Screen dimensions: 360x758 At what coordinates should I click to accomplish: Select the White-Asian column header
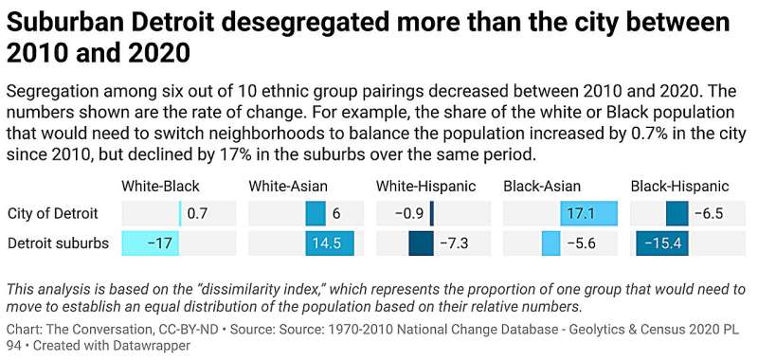pos(287,186)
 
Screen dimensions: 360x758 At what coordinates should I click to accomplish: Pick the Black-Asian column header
pos(542,186)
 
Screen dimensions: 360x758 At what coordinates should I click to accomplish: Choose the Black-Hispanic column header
pos(680,186)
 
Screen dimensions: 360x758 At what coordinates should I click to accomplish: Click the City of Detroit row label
pos(52,214)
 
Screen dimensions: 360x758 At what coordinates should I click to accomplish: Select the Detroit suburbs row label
pos(58,243)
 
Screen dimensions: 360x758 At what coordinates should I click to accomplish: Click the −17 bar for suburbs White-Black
pos(151,243)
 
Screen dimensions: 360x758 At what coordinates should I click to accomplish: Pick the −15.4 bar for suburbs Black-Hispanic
pos(661,243)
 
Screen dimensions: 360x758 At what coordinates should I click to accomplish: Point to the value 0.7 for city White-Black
pos(197,214)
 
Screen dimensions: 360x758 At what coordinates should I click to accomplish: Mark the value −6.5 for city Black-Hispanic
pos(708,214)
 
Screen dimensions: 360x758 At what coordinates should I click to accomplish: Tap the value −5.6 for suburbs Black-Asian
pos(581,243)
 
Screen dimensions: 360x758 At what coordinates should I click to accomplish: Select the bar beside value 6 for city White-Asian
pos(316,214)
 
